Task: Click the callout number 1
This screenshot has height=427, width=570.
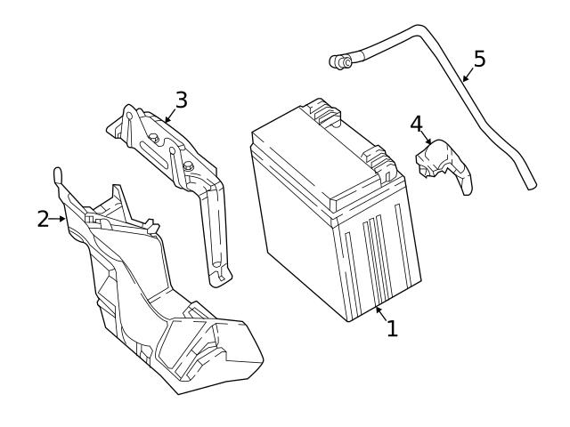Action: pyautogui.click(x=391, y=328)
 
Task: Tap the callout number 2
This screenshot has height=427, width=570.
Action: pyautogui.click(x=43, y=218)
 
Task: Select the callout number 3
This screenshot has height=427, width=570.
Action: pyautogui.click(x=181, y=99)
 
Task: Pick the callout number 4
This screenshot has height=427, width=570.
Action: pyautogui.click(x=416, y=123)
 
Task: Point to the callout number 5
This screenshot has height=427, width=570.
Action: pyautogui.click(x=479, y=59)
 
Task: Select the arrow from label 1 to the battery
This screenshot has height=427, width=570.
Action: pyautogui.click(x=380, y=312)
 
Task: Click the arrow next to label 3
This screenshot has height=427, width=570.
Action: pyautogui.click(x=169, y=113)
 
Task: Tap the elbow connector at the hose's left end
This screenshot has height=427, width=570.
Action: pyautogui.click(x=339, y=61)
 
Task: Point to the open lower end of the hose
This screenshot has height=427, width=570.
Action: pyautogui.click(x=530, y=185)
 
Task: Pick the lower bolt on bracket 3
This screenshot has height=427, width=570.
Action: pyautogui.click(x=188, y=166)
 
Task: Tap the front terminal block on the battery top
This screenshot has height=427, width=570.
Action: pyautogui.click(x=380, y=162)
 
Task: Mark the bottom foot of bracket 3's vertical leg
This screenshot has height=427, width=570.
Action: pyautogui.click(x=215, y=279)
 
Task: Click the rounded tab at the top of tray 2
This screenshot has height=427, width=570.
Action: pyautogui.click(x=59, y=172)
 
